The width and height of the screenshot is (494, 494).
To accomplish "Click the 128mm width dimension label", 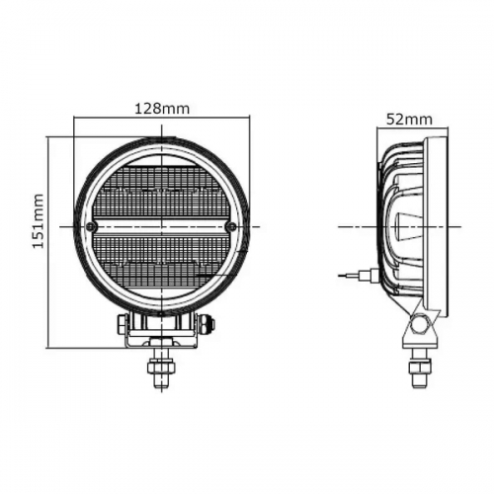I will pos(162,109).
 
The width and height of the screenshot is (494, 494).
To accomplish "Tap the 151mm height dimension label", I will pos(39,223).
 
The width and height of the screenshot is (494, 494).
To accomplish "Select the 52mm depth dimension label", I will pos(409,120).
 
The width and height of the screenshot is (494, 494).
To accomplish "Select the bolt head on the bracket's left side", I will pos(121,322).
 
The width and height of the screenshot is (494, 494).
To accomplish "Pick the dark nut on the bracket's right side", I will pos(206,323).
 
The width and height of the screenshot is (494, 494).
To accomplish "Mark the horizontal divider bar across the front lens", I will pos(162,226).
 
